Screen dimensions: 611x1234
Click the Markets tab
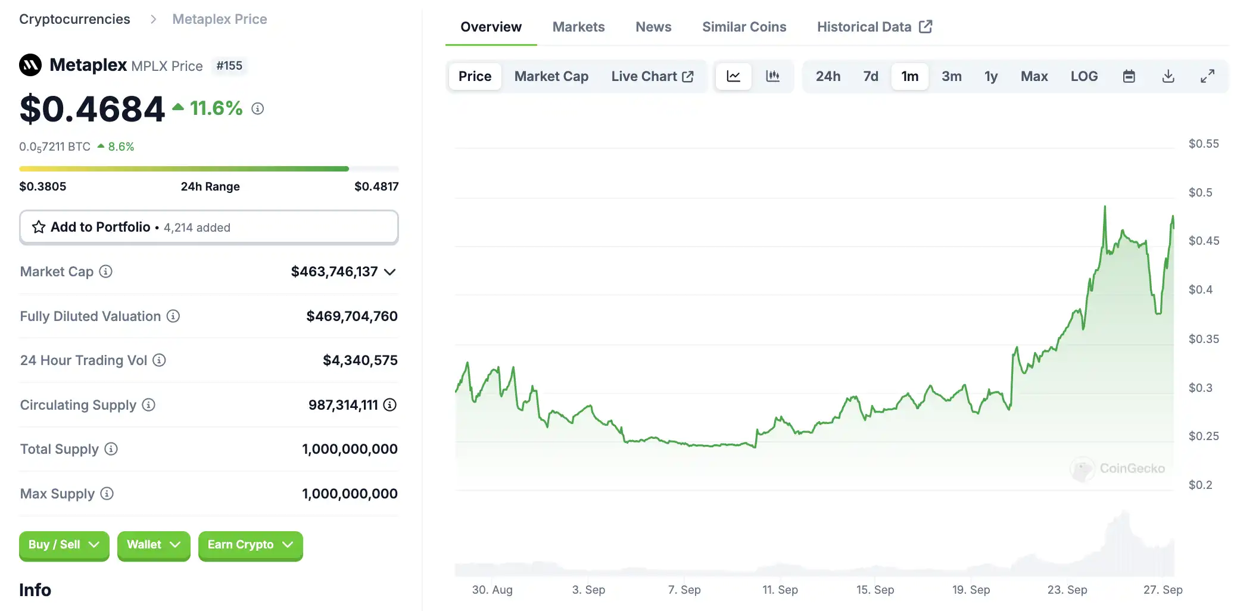pos(578,27)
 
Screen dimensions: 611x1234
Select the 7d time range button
pos(870,76)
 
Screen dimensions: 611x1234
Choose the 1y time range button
pos(990,76)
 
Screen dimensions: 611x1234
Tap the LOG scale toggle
pos(1083,76)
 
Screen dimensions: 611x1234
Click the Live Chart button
pos(652,76)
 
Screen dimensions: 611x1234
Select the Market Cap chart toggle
pos(551,76)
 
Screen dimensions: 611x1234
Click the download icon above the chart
pos(1168,76)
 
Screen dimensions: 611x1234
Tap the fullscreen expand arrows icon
pos(1207,76)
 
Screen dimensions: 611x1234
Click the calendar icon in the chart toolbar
pos(1129,76)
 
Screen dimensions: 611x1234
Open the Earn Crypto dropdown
pos(250,545)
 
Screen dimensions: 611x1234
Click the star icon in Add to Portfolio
pos(39,227)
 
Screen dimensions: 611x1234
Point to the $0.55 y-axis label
pos(1203,144)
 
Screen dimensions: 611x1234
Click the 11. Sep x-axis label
pos(780,590)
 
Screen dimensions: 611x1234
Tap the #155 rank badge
pos(229,66)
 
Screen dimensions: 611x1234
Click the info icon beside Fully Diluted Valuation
pos(173,316)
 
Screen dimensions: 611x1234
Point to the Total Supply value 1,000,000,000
pos(350,449)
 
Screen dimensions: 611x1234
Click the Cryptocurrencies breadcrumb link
pos(74,19)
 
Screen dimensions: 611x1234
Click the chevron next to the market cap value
pos(390,272)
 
